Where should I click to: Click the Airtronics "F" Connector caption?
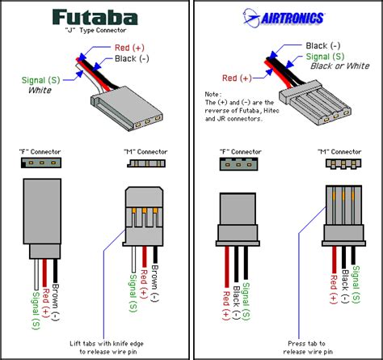click(x=234, y=152)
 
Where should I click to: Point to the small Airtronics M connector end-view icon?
click(x=340, y=164)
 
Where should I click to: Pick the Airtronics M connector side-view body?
click(x=340, y=214)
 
